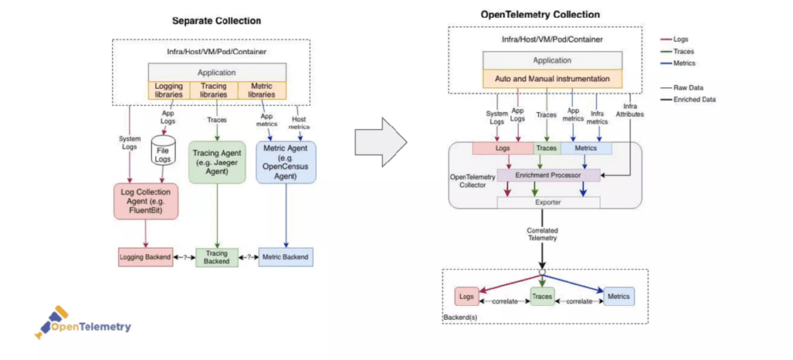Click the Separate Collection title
[x=216, y=21]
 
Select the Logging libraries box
[x=169, y=90]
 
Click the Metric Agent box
[x=287, y=160]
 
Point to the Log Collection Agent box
[x=145, y=201]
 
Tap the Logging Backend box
[x=145, y=256]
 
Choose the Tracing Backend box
[x=217, y=257]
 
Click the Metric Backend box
[x=286, y=256]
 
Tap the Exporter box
[x=548, y=202]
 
